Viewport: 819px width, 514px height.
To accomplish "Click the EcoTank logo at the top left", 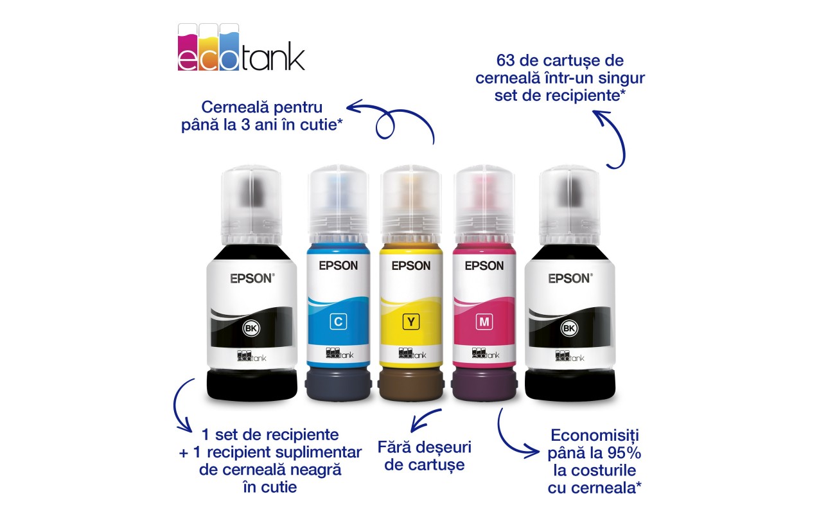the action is coord(241,48).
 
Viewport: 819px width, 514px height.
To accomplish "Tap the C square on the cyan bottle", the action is coord(339,321).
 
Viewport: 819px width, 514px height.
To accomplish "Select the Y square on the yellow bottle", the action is coord(411,321).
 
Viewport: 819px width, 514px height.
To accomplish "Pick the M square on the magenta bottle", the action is coord(484,321).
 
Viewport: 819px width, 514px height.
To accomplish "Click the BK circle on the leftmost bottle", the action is coord(251,328).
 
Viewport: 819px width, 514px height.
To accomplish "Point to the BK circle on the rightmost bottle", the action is coord(569,328).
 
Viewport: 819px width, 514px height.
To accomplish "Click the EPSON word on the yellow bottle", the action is coord(411,265).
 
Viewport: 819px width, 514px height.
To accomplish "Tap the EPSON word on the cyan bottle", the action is coord(339,265).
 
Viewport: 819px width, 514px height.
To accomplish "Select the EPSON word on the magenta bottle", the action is coord(484,265).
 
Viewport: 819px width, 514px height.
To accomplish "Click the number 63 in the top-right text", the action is coord(506,61).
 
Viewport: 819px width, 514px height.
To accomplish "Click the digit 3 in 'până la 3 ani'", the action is coord(245,125).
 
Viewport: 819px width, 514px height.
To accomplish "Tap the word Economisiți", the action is coord(595,436).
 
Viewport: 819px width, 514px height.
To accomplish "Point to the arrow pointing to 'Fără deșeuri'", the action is coord(424,420).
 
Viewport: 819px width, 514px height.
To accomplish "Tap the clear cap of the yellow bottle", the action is coord(411,205).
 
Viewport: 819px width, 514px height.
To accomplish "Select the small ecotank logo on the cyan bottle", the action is coord(340,353).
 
